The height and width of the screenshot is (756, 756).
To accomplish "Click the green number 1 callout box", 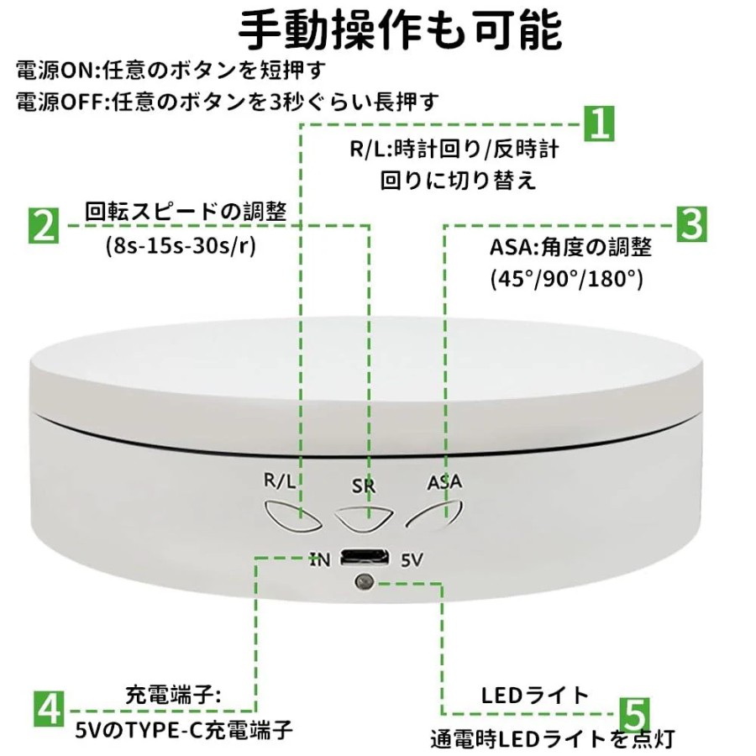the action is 599,124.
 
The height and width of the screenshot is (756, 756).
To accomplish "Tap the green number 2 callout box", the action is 44,225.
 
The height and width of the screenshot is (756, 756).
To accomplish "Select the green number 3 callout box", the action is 692,223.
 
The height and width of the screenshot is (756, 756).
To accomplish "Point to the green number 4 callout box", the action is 50,709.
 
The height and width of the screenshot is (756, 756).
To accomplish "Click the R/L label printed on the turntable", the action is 280,480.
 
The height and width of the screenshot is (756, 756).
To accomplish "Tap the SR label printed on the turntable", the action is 363,486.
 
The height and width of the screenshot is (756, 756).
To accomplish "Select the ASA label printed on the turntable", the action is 444,481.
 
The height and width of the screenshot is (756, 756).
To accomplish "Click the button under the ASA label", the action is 435,516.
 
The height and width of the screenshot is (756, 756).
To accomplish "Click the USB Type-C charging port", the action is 365,558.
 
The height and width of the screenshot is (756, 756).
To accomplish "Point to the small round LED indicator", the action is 364,582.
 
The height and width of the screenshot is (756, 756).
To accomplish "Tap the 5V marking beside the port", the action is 412,559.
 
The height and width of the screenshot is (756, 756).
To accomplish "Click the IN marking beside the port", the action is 320,559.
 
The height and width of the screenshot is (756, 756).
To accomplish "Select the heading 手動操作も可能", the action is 400,30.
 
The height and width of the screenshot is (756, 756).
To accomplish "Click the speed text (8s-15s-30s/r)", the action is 181,246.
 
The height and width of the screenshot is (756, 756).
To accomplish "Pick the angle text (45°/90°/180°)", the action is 566,278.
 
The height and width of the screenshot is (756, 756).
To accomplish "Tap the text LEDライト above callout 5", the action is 535,695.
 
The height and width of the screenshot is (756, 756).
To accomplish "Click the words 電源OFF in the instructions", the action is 60,102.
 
